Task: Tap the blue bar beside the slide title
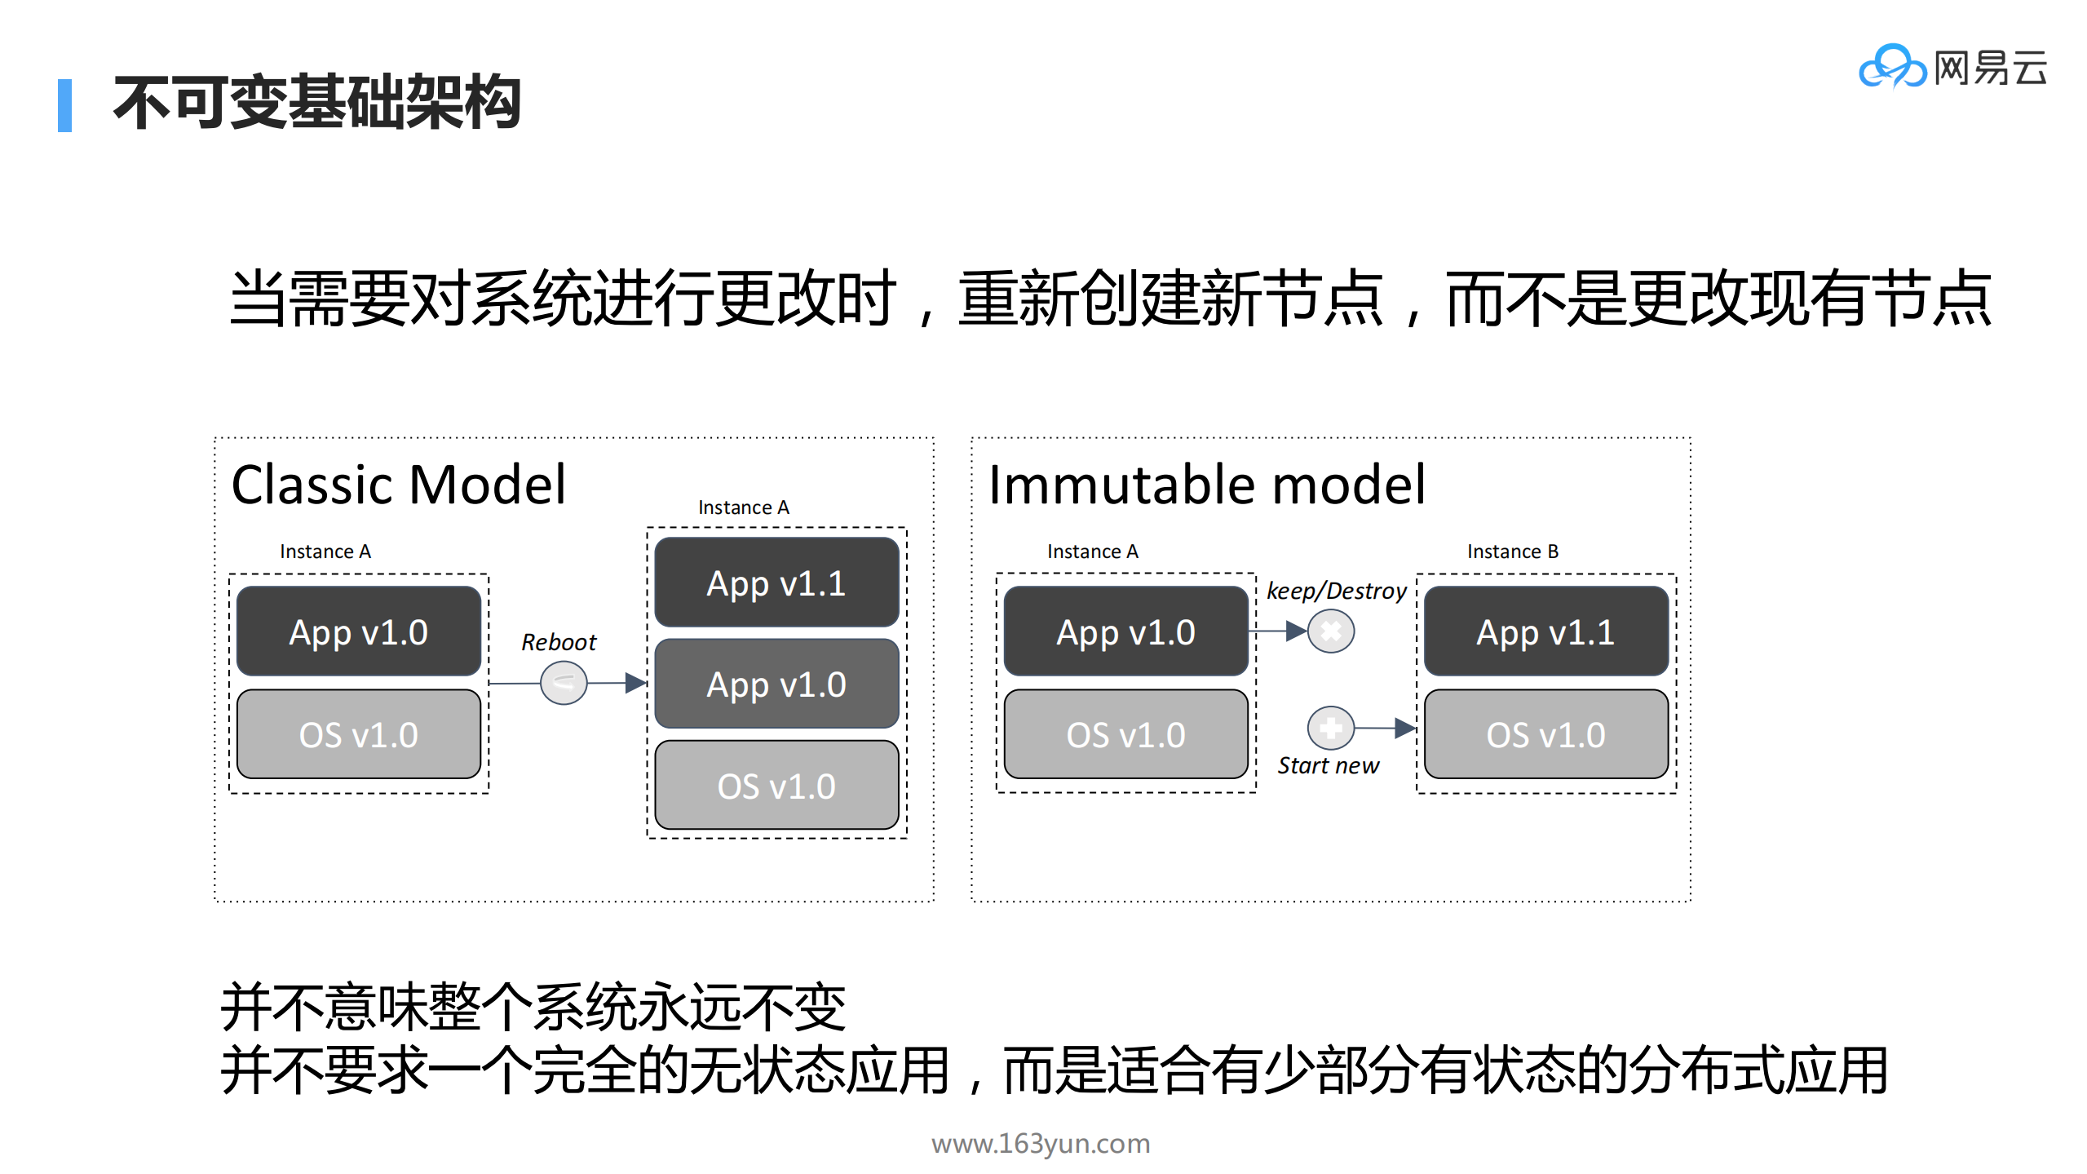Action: [64, 105]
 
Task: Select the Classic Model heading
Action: [398, 485]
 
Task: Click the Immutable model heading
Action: [1206, 485]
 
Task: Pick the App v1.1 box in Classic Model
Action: [776, 583]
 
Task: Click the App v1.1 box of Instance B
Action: [1545, 631]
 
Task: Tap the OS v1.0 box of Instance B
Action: [1545, 734]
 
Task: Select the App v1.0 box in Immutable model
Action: [1125, 631]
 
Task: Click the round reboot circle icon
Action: [564, 683]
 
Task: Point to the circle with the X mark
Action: [1331, 631]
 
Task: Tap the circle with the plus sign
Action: [1331, 727]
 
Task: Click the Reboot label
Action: [559, 642]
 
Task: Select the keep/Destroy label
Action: [1337, 591]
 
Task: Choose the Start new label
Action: [1328, 765]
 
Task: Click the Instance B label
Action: [1513, 552]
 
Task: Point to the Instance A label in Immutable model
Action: [1093, 552]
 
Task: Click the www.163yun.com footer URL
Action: [1041, 1143]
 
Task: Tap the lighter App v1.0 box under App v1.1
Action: [776, 684]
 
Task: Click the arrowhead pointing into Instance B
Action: [1404, 728]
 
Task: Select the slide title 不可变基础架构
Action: [317, 103]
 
